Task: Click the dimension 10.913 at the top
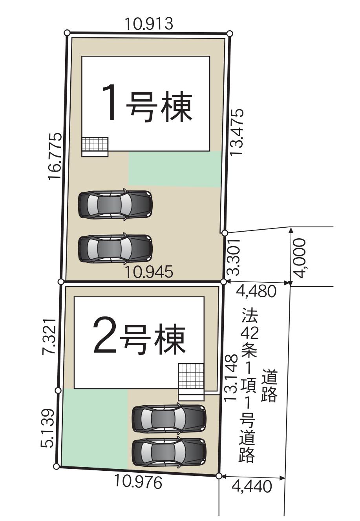coord(149,24)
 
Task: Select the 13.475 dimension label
coord(237,132)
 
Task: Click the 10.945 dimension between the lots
coord(149,271)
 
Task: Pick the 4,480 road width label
coord(256,291)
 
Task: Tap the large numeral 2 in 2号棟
coord(103,335)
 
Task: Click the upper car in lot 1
coord(115,204)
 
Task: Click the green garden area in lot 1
coord(174,169)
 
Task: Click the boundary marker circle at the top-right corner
coord(230,33)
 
